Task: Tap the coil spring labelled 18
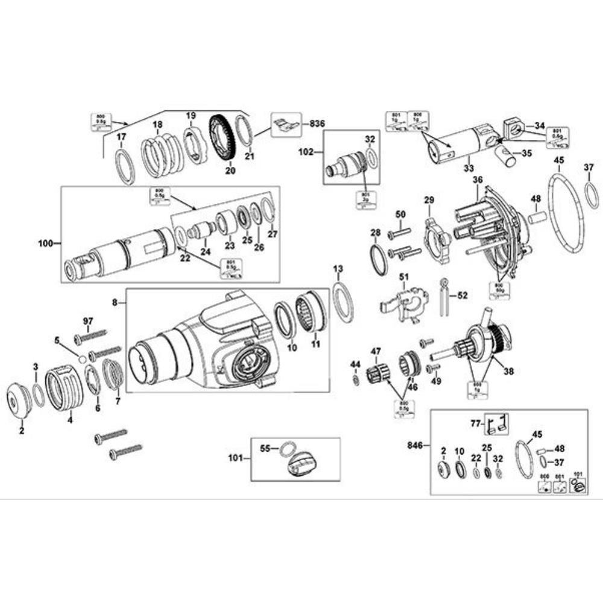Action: [x=161, y=156]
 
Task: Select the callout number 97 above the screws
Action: [x=88, y=321]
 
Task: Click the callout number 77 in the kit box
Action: [x=476, y=424]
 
